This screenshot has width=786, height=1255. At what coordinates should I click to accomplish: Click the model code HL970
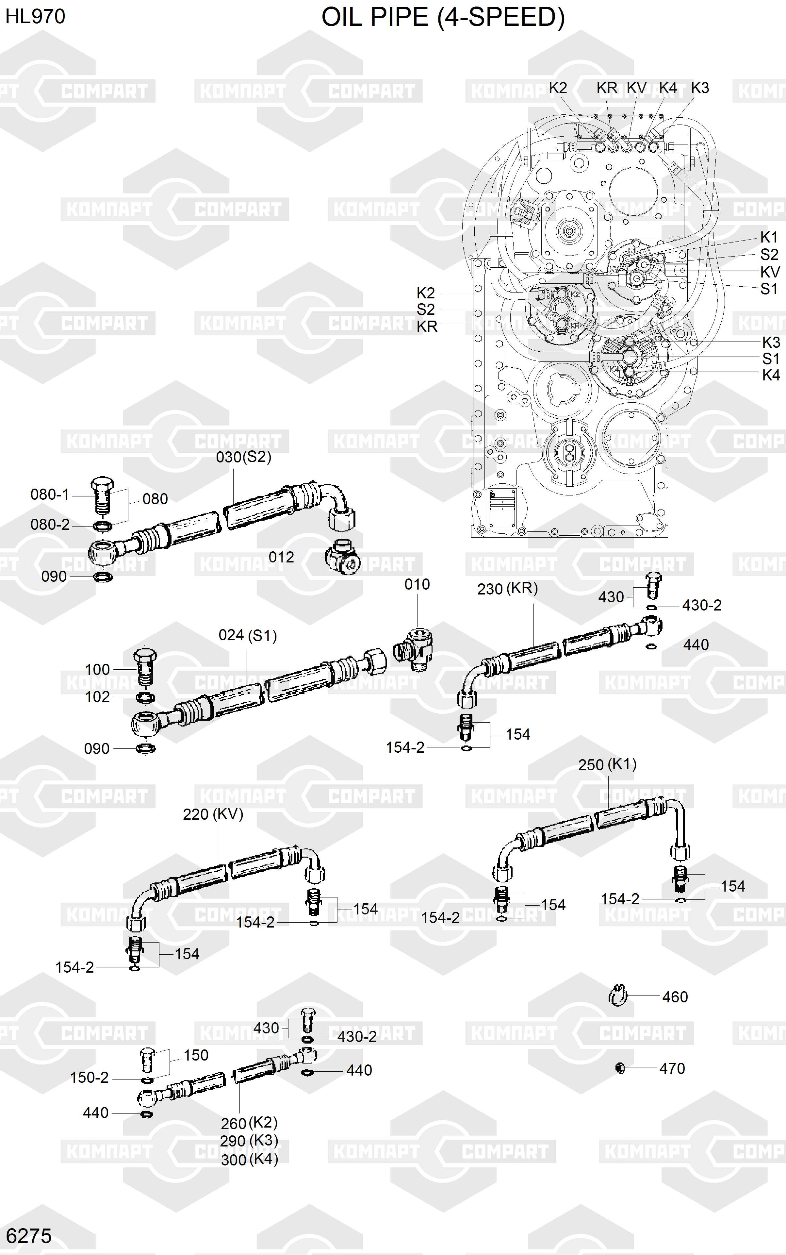(35, 17)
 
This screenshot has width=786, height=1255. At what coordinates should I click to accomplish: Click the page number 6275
(29, 1236)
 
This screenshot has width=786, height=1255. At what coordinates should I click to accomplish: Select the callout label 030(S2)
(244, 457)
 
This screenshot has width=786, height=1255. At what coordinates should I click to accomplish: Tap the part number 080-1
(50, 494)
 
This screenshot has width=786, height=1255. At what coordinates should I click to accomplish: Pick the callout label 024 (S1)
(247, 635)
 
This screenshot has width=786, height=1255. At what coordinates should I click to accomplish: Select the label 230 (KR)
(507, 589)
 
